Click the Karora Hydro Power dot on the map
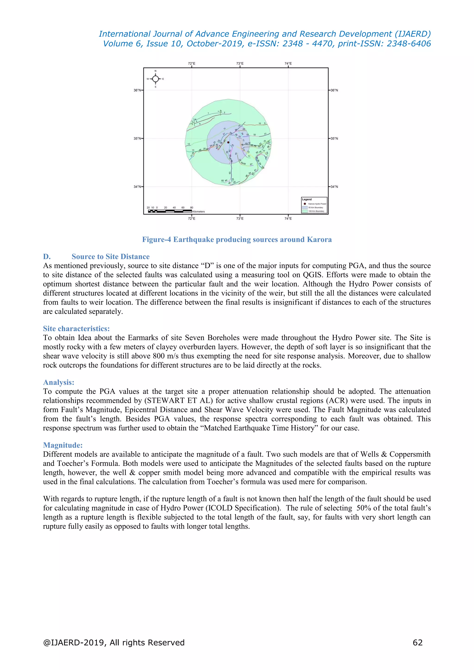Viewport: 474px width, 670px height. pyautogui.click(x=228, y=143)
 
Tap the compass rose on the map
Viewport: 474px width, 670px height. pyautogui.click(x=156, y=79)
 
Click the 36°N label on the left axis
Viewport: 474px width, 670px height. pyautogui.click(x=137, y=90)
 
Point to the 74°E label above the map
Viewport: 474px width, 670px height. pyautogui.click(x=288, y=63)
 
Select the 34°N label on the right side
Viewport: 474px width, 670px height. pyautogui.click(x=334, y=187)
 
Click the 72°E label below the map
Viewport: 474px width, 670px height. pyautogui.click(x=191, y=219)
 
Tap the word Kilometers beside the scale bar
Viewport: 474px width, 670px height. pyautogui.click(x=199, y=211)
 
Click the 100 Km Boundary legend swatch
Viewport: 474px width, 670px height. pyautogui.click(x=305, y=211)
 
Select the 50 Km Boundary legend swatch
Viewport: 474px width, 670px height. pyautogui.click(x=305, y=208)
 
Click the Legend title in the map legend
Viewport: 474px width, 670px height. pyautogui.click(x=307, y=199)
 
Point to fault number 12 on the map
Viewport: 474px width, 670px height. pyautogui.click(x=189, y=144)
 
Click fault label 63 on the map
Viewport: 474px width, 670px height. pyautogui.click(x=230, y=173)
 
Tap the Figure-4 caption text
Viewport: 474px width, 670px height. pyautogui.click(x=237, y=240)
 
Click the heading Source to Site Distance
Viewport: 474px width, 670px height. pyautogui.click(x=110, y=257)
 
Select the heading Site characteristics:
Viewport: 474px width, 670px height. pyautogui.click(x=76, y=329)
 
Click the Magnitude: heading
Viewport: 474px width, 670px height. pyautogui.click(x=63, y=445)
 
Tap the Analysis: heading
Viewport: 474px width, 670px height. pyautogui.click(x=58, y=382)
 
